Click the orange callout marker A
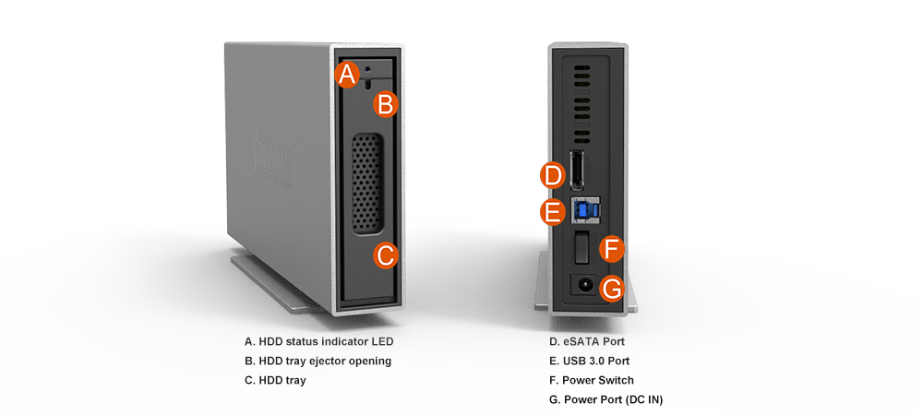(348, 75)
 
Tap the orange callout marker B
(386, 105)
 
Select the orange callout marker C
(386, 255)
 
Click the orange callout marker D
(553, 176)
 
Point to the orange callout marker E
(553, 212)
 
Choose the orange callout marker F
(612, 250)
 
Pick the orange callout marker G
(612, 289)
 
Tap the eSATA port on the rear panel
(577, 170)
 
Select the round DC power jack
(585, 286)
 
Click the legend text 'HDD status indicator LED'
(326, 341)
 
